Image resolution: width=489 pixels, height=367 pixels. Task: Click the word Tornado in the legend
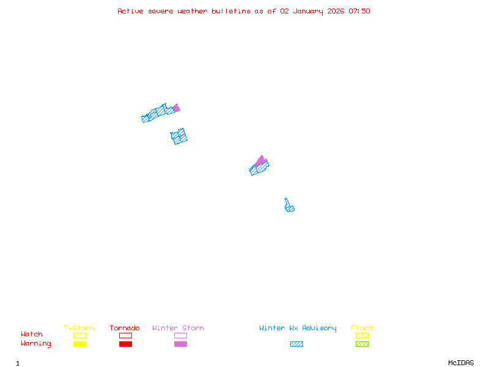pyautogui.click(x=125, y=328)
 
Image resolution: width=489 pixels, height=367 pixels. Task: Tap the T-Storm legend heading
pyautogui.click(x=79, y=328)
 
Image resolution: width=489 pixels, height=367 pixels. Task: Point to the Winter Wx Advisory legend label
pyautogui.click(x=298, y=328)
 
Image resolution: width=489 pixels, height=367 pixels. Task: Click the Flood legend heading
pyautogui.click(x=362, y=328)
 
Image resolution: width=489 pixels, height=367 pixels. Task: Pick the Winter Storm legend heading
pyautogui.click(x=178, y=328)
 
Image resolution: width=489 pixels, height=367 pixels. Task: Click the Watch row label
pyautogui.click(x=32, y=335)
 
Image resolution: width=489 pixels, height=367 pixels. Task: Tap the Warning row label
pyautogui.click(x=36, y=344)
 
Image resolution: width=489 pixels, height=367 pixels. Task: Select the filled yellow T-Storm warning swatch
pyautogui.click(x=79, y=344)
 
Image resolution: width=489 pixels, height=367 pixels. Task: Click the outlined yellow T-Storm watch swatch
pyautogui.click(x=79, y=335)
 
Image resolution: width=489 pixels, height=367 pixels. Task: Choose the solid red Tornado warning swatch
pyautogui.click(x=125, y=344)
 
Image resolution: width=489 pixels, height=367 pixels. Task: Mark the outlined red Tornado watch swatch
pyautogui.click(x=125, y=335)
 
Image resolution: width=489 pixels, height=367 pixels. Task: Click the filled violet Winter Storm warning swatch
pyautogui.click(x=180, y=344)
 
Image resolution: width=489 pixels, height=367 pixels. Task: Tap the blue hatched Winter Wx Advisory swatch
pyautogui.click(x=296, y=344)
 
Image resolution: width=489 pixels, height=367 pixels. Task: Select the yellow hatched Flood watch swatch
pyautogui.click(x=362, y=335)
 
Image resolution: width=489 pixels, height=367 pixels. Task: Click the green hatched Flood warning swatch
pyautogui.click(x=362, y=344)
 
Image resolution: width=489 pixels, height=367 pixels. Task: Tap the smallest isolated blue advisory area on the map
pyautogui.click(x=289, y=206)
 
